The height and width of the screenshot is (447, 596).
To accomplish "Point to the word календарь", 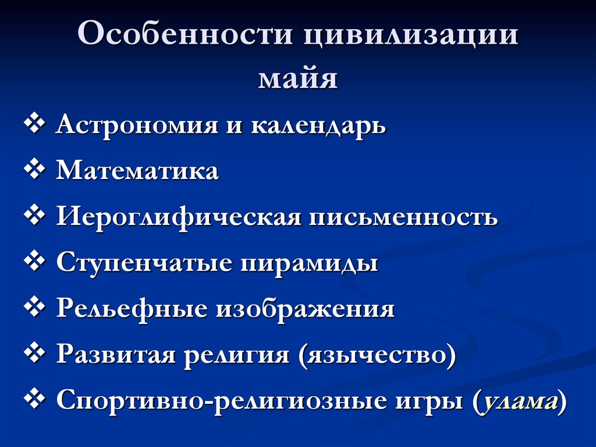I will [318, 126].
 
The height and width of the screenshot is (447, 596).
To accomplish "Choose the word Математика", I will [137, 171].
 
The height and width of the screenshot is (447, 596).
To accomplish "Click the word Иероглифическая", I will [178, 217].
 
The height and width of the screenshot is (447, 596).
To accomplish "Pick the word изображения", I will [306, 309].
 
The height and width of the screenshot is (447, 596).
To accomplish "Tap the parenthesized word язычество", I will [376, 355].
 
